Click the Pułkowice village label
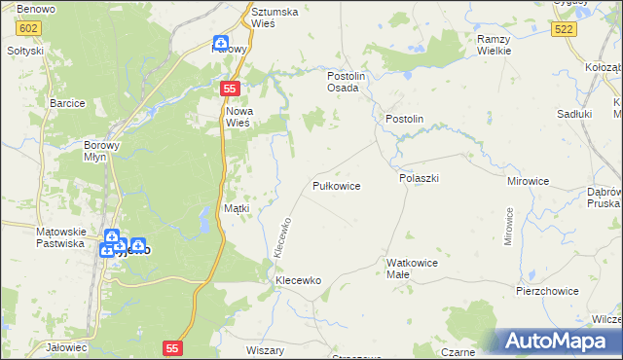[x=337, y=185]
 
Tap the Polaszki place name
[x=420, y=179]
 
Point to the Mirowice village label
[x=529, y=181]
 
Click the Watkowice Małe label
[x=412, y=269]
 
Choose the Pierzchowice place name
[x=547, y=291]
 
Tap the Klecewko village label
[x=298, y=280]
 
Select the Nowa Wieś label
[x=238, y=117]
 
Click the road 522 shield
[x=562, y=30]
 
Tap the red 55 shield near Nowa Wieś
[x=230, y=89]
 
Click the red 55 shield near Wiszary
[x=173, y=346]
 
